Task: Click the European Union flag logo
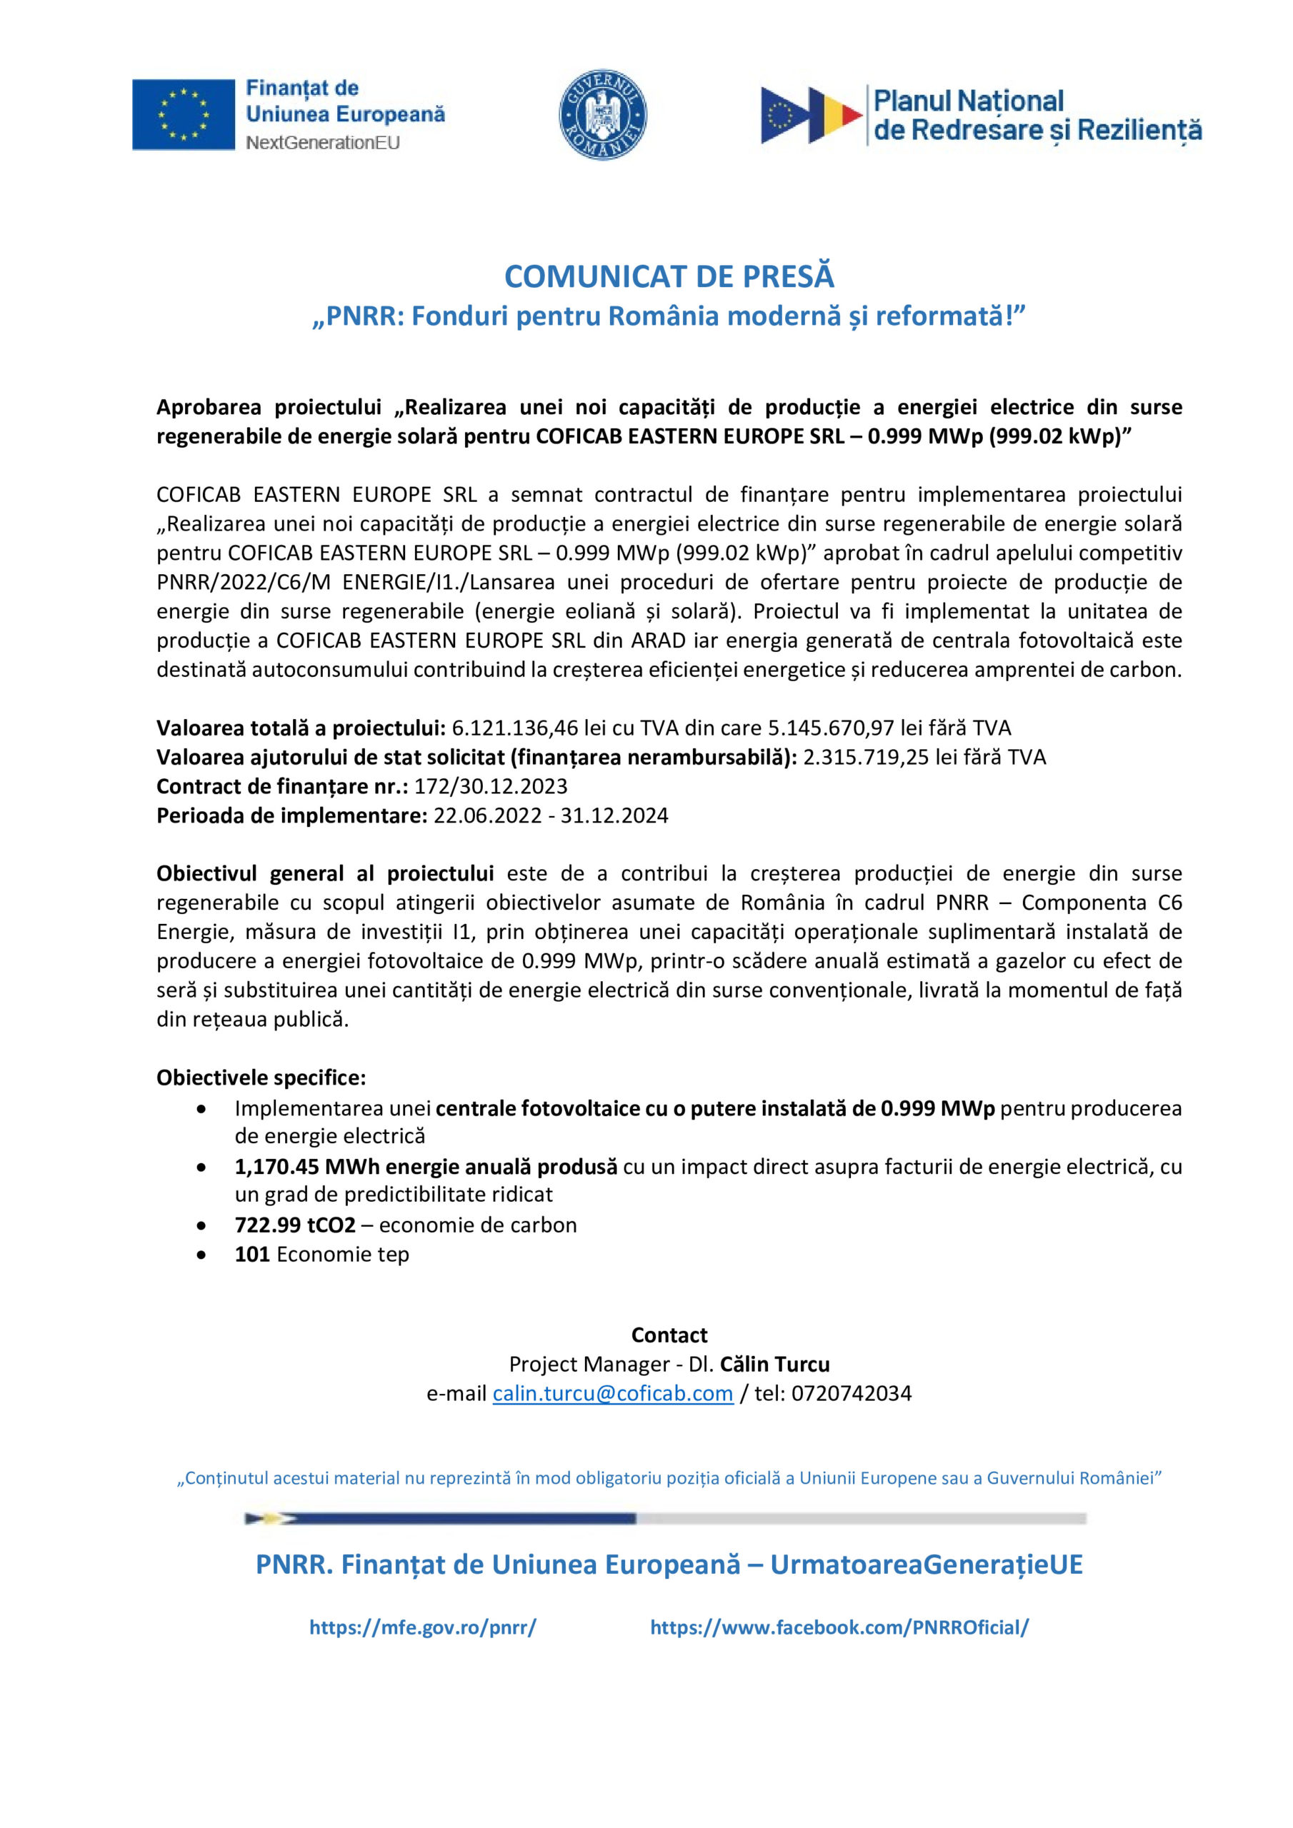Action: pyautogui.click(x=184, y=115)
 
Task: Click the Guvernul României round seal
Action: pyautogui.click(x=603, y=115)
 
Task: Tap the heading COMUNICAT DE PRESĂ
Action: pyautogui.click(x=669, y=276)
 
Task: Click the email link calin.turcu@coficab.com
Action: pyautogui.click(x=613, y=1393)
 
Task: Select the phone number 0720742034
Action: pyautogui.click(x=851, y=1393)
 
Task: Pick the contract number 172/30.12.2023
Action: pyautogui.click(x=491, y=787)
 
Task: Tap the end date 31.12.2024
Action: pyautogui.click(x=614, y=816)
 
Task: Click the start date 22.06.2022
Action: pyautogui.click(x=488, y=816)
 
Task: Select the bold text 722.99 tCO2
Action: pyautogui.click(x=295, y=1225)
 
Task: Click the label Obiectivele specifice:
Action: pyautogui.click(x=261, y=1078)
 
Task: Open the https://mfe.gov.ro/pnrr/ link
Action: pyautogui.click(x=422, y=1627)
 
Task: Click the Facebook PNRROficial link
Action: pyautogui.click(x=839, y=1627)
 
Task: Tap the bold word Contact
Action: pyautogui.click(x=669, y=1335)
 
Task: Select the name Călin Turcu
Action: pyautogui.click(x=775, y=1365)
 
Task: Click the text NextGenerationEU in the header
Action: pyautogui.click(x=323, y=144)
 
